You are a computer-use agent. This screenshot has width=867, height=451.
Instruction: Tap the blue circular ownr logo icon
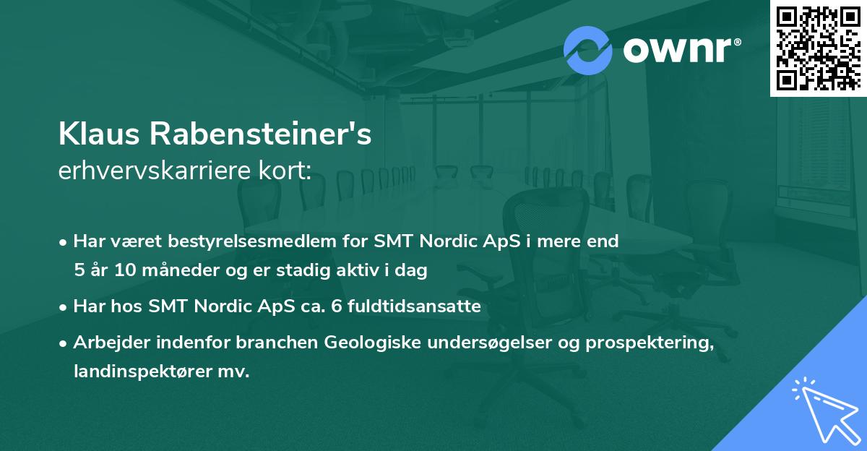coord(588,50)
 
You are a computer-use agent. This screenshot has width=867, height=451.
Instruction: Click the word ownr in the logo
coord(677,51)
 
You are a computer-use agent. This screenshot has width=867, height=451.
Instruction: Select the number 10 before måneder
coord(121,271)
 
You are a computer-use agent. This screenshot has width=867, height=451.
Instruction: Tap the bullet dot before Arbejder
coord(64,343)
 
